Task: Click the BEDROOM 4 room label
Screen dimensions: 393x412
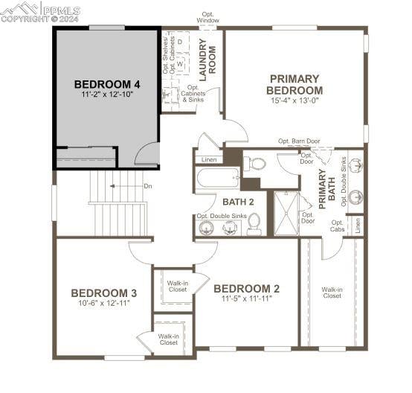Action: tap(106, 83)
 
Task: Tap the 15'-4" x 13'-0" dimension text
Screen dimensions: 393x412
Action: tap(294, 102)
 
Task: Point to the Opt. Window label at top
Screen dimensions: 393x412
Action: tap(208, 17)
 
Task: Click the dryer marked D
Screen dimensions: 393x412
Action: tap(180, 42)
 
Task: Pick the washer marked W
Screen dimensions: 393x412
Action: tap(179, 65)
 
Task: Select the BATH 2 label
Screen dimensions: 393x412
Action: tap(238, 202)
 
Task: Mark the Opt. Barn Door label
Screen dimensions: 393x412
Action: tap(299, 141)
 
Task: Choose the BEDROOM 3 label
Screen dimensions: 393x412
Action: tap(103, 293)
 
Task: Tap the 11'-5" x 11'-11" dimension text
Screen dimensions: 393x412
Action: tap(246, 298)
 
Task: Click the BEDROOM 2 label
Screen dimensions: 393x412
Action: tap(246, 288)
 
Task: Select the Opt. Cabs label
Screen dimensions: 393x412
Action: tap(337, 226)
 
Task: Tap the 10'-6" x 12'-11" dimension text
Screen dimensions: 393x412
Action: tap(104, 304)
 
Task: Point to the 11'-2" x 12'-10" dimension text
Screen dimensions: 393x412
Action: tap(106, 95)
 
